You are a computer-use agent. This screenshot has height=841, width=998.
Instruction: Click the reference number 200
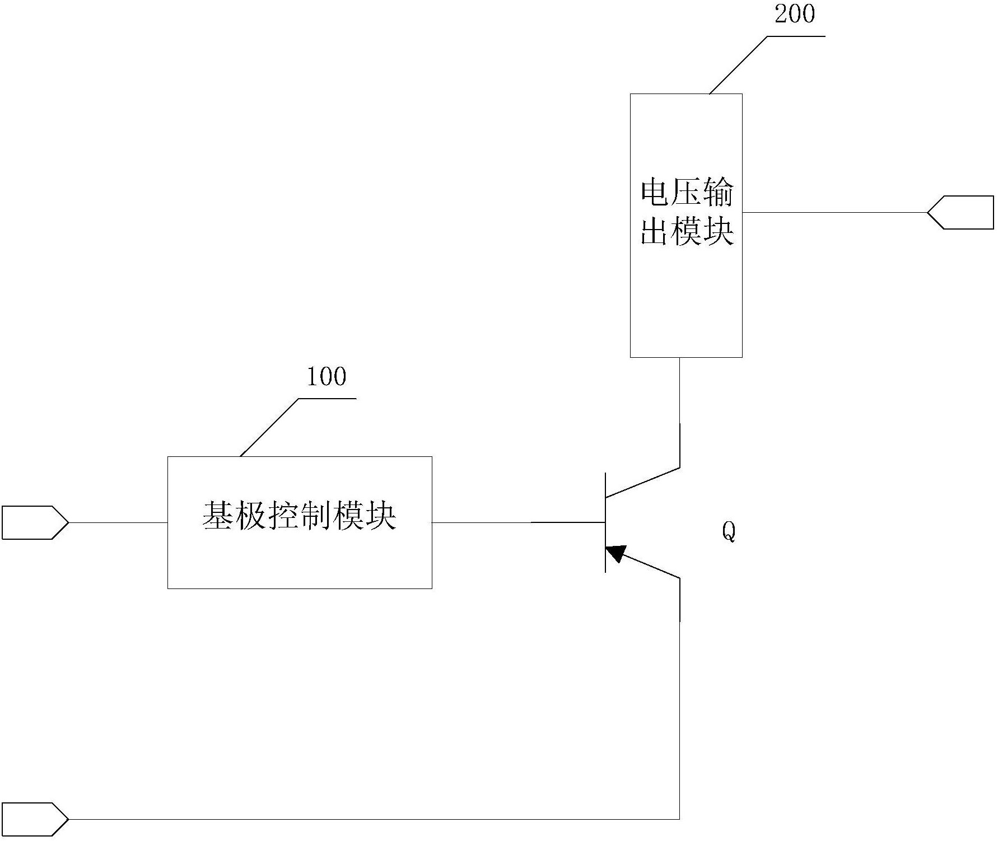tap(795, 13)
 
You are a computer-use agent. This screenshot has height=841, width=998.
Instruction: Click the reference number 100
tap(327, 376)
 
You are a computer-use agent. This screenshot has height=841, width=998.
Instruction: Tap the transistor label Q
tap(728, 531)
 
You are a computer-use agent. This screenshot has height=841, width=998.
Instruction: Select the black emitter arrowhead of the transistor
tap(615, 553)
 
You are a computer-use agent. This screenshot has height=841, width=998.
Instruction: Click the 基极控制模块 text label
tap(300, 516)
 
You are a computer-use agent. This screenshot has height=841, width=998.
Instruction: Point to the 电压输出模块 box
tap(686, 225)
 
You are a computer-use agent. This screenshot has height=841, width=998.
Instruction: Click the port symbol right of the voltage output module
tap(960, 212)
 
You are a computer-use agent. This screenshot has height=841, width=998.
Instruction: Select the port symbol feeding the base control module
tap(35, 522)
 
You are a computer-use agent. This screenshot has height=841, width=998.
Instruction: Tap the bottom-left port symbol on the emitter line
tap(35, 819)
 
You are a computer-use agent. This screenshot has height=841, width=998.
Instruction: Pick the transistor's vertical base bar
tap(605, 522)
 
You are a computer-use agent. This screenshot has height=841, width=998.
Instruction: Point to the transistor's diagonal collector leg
tap(643, 482)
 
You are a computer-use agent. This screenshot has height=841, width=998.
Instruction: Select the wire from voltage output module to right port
tap(835, 212)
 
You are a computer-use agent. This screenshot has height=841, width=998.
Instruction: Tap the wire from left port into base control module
tap(118, 522)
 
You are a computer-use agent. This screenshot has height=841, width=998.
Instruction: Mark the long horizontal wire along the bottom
tap(374, 819)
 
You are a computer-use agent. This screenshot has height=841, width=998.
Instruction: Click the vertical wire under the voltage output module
tap(680, 412)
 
